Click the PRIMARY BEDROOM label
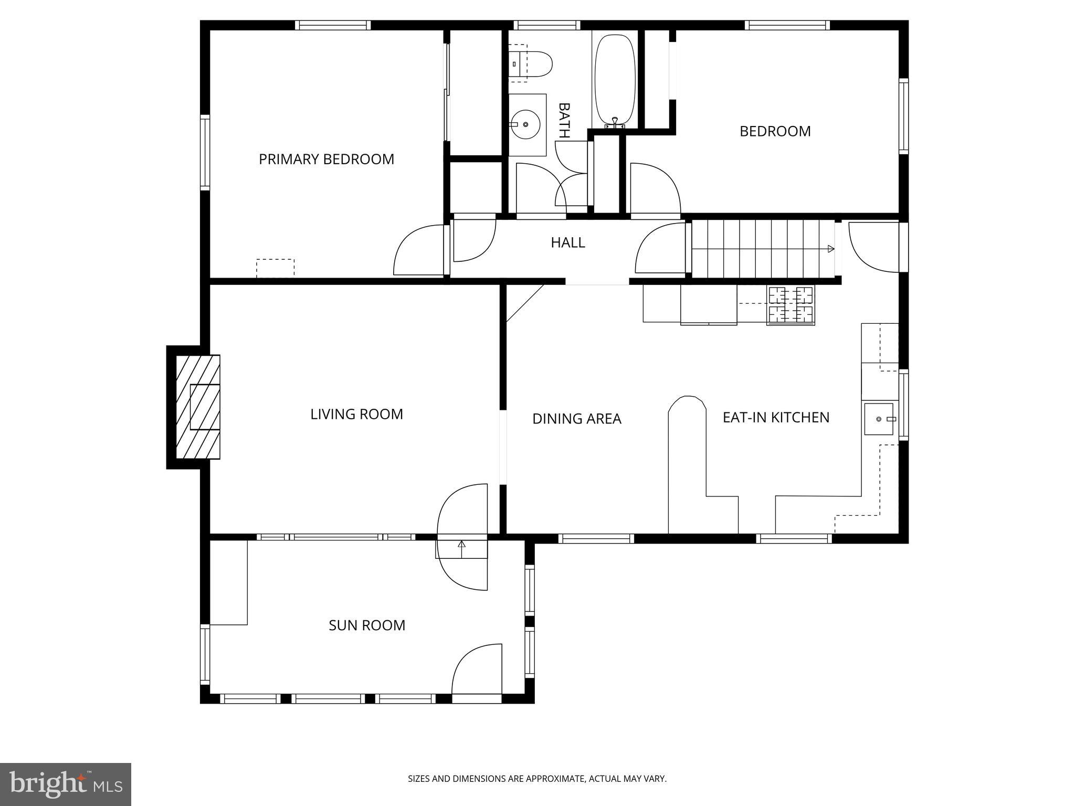click(x=326, y=159)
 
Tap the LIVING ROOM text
click(x=356, y=414)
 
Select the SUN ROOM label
click(x=367, y=625)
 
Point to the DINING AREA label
click(x=576, y=419)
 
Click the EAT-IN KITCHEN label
click(x=776, y=418)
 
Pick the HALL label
click(x=567, y=242)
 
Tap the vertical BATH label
click(x=564, y=120)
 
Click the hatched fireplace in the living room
click(x=198, y=407)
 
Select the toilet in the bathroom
click(x=530, y=63)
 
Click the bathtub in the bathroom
click(x=615, y=80)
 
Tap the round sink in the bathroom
click(x=525, y=125)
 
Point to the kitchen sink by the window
click(x=879, y=419)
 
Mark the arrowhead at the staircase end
click(x=831, y=249)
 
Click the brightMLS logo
click(x=66, y=784)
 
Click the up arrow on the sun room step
click(x=461, y=549)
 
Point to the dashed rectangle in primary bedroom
click(x=275, y=268)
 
